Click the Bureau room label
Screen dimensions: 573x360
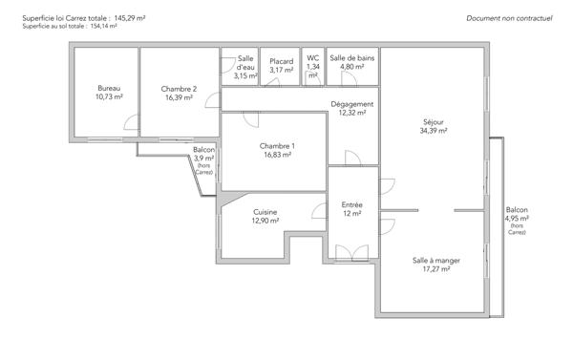click(109, 88)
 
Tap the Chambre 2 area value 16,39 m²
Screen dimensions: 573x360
click(180, 97)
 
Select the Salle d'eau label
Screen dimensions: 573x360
click(245, 63)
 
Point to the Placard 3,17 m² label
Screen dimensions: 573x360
click(282, 66)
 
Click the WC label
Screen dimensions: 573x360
click(313, 57)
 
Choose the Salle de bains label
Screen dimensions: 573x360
click(351, 57)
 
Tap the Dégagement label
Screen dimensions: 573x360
click(351, 104)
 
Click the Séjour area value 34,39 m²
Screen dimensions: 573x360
click(434, 131)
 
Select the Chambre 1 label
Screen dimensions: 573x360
click(277, 146)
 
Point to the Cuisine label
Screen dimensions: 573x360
click(265, 212)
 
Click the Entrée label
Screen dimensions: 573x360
click(351, 204)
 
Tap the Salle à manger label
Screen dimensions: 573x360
click(436, 261)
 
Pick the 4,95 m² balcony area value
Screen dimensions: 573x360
click(517, 219)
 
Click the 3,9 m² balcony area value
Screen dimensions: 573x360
click(204, 159)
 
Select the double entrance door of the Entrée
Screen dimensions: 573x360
click(351, 253)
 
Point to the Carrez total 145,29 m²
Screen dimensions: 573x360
click(130, 18)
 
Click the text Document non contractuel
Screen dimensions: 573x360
click(509, 18)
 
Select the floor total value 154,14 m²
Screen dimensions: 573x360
click(104, 27)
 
